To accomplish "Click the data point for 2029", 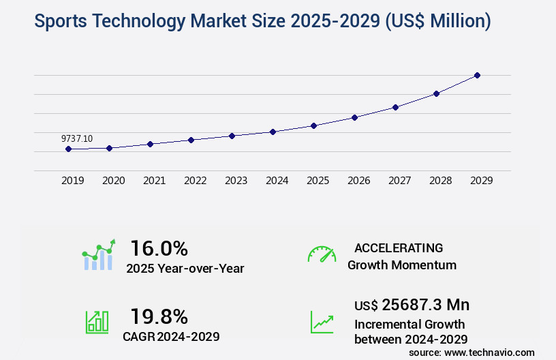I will [x=478, y=75].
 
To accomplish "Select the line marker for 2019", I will [x=69, y=149].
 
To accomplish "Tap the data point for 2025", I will [x=314, y=125].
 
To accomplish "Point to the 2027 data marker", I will [x=396, y=107].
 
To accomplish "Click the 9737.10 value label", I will [x=77, y=138].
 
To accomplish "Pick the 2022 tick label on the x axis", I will [x=196, y=181].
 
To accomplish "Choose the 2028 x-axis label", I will [x=441, y=181].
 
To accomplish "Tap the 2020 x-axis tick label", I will [x=114, y=181].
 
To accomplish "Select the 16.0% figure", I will [x=159, y=248].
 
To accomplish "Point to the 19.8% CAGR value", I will [x=159, y=316].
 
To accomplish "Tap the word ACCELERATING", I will [x=399, y=247].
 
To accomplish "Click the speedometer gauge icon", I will [x=322, y=254].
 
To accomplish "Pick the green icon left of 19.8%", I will [x=97, y=322].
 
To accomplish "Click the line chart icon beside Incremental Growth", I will [x=322, y=322].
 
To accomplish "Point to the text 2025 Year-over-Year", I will [x=185, y=268].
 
